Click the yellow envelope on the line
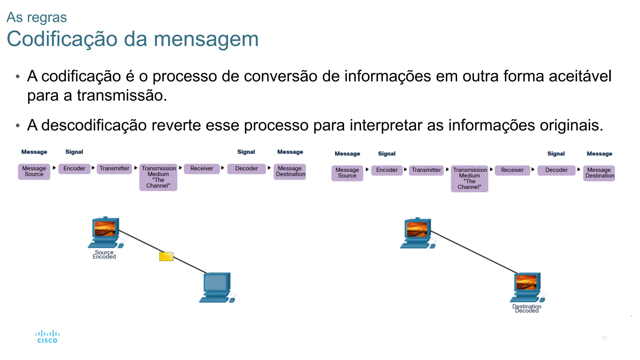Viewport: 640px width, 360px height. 166,257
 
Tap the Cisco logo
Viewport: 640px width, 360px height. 47,337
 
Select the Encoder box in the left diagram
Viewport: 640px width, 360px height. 74,168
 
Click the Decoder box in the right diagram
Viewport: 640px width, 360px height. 556,170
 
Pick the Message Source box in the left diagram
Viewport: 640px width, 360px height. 34,171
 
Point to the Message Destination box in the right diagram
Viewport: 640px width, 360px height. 599,173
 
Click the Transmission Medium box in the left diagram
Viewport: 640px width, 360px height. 158,177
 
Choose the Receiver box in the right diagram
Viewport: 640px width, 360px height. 512,170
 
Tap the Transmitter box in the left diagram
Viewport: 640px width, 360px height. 114,168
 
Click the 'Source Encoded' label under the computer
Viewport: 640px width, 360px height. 104,254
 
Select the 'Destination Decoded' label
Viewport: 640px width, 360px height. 527,308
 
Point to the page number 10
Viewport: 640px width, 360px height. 604,338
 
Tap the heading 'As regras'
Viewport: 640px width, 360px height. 37,17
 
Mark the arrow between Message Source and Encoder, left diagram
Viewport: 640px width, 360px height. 54,168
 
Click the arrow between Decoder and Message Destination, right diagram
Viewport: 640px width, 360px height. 579,169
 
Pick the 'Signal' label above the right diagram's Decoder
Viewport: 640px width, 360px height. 556,154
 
